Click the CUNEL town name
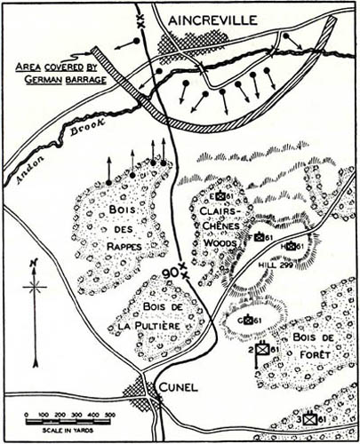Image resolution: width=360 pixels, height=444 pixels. (x=181, y=387)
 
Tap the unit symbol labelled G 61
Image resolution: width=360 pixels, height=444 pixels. (x=248, y=319)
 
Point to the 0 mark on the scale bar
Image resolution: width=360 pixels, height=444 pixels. (x=25, y=415)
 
